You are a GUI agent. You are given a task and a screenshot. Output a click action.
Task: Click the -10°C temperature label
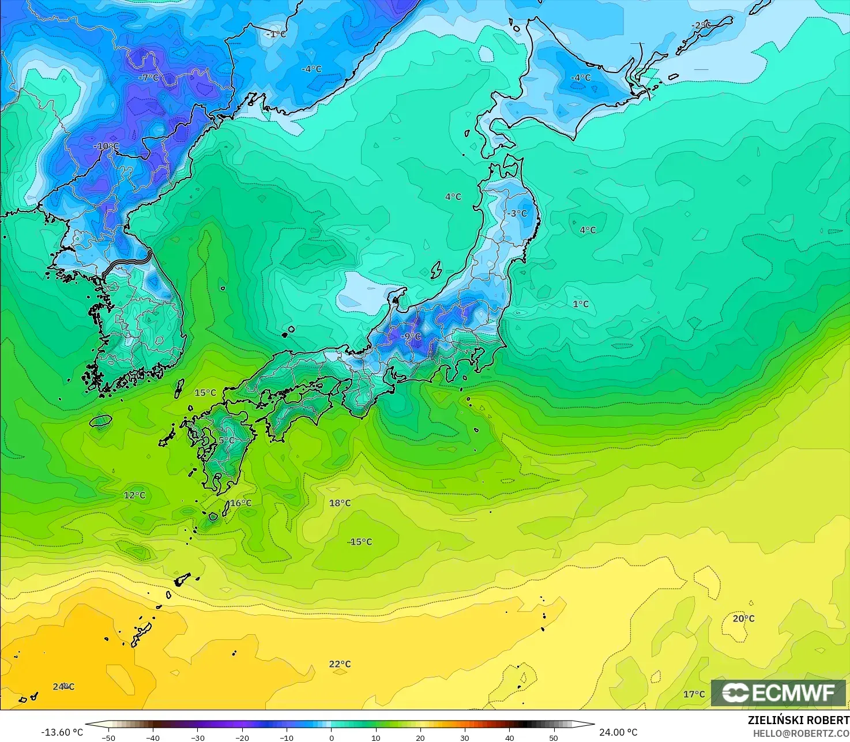tap(106, 146)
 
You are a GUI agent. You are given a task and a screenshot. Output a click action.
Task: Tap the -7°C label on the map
tap(149, 78)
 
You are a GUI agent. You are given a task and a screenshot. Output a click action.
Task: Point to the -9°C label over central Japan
tap(411, 336)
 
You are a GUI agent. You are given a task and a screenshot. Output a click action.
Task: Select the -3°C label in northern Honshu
tap(517, 213)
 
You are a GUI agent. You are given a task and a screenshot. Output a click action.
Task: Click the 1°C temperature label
tap(581, 304)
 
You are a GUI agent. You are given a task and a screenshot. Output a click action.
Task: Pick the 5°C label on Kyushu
tap(227, 440)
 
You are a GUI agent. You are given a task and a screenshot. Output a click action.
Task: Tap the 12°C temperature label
tap(134, 495)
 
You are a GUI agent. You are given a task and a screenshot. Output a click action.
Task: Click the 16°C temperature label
tap(240, 503)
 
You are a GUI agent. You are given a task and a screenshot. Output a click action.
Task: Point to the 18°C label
tap(340, 503)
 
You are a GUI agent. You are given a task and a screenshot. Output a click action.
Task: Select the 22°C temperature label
tap(340, 664)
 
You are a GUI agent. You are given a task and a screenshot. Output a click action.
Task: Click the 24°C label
tap(63, 687)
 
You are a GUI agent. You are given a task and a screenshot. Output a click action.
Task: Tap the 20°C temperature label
tap(743, 619)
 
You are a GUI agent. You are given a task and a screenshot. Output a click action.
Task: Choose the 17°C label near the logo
tap(694, 694)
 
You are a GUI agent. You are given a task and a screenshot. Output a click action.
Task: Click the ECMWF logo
tap(778, 693)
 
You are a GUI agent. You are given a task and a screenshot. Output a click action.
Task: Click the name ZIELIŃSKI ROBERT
tap(798, 721)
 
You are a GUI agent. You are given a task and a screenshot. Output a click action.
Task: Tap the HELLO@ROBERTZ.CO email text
tap(801, 733)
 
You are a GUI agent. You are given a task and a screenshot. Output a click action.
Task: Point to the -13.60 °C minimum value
tap(62, 732)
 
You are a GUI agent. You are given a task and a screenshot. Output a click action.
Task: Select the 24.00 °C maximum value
tap(618, 732)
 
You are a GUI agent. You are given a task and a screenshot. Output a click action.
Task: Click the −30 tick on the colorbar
tap(197, 737)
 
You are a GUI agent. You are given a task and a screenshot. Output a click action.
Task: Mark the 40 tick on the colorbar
tap(509, 737)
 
